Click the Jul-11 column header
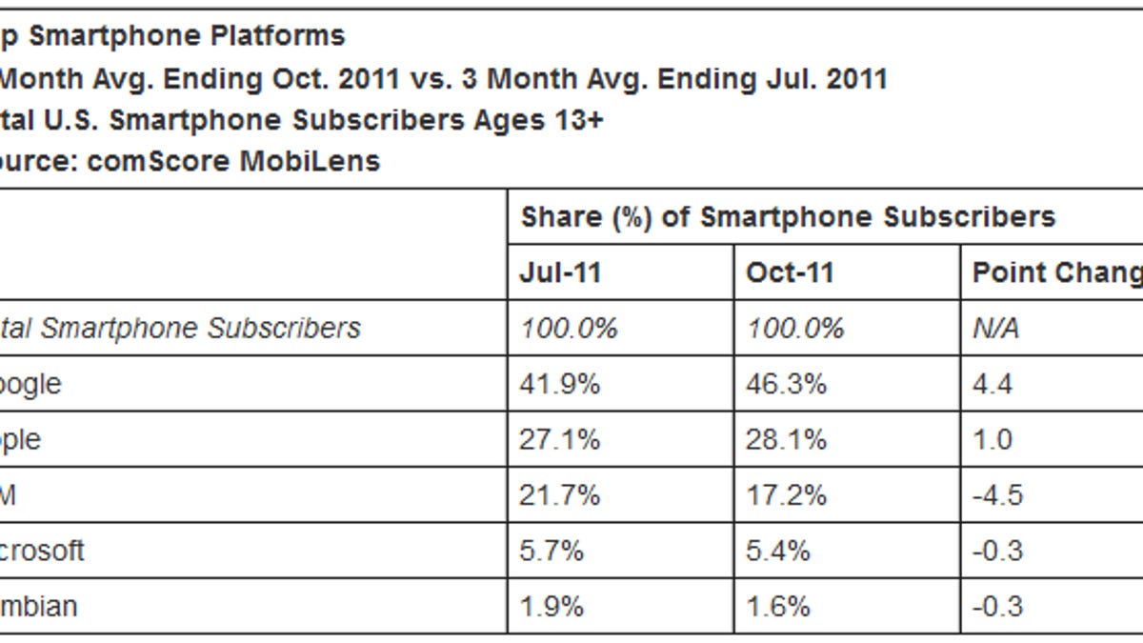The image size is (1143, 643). (x=561, y=273)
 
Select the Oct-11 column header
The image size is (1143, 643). (x=790, y=273)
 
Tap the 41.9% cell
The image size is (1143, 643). (x=560, y=384)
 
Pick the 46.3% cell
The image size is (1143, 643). (x=788, y=384)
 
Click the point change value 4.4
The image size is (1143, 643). (x=993, y=384)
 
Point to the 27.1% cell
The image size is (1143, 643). (x=560, y=440)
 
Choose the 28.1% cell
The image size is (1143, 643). (x=788, y=440)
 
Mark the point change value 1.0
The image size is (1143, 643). (x=993, y=440)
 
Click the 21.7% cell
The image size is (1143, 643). (x=560, y=495)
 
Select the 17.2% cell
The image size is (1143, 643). (x=788, y=495)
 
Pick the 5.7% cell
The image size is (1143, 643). (x=552, y=551)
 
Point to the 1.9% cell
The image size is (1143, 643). (x=552, y=606)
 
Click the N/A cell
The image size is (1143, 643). (x=995, y=329)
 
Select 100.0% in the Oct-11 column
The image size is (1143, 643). (x=795, y=329)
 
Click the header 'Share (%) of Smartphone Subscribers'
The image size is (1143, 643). (x=788, y=217)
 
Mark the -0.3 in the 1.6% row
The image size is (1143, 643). (x=996, y=606)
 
